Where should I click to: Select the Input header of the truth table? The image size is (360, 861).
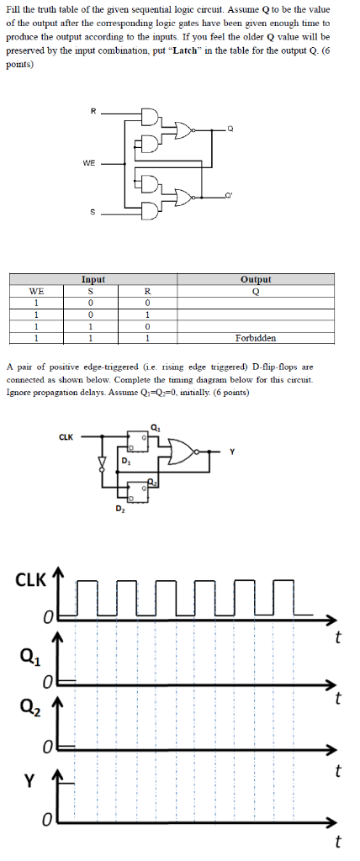(x=93, y=278)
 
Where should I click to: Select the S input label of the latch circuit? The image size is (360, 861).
(x=92, y=211)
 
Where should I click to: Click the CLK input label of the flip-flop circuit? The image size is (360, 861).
(x=66, y=436)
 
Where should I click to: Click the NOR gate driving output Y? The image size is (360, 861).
(x=183, y=452)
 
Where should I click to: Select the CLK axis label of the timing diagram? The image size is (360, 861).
(x=31, y=580)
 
